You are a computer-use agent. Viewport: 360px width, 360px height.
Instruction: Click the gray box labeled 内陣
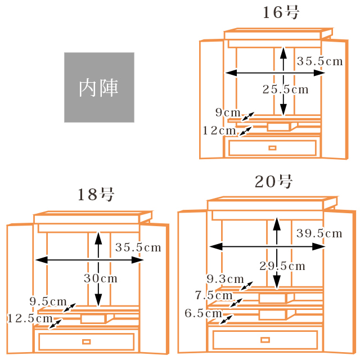(99, 87)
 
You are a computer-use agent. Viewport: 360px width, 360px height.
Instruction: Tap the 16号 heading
(281, 13)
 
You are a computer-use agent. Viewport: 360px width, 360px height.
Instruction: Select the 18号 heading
(96, 195)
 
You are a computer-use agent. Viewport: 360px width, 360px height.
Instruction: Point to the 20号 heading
(274, 182)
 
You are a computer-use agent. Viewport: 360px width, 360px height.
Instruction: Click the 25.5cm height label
(286, 89)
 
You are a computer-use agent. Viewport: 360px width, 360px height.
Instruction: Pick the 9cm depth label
(228, 112)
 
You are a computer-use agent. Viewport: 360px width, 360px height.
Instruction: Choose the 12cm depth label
(219, 130)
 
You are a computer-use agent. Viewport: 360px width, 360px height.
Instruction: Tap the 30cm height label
(101, 278)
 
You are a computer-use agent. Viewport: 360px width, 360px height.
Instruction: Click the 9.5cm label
(48, 301)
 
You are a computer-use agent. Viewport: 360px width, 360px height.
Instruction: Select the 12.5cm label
(30, 318)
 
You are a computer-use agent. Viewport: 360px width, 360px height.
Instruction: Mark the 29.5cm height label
(282, 266)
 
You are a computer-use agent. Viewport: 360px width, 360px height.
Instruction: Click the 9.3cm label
(225, 279)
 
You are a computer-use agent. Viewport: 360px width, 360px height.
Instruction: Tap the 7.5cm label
(214, 295)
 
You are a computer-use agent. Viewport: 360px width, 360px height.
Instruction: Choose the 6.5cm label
(203, 313)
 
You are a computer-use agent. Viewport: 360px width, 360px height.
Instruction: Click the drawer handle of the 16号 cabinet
(272, 148)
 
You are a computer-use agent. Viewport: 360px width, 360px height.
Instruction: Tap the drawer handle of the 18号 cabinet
(86, 341)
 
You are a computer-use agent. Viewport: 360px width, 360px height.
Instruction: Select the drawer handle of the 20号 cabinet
(265, 339)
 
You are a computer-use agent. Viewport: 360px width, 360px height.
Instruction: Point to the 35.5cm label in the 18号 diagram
(138, 247)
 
